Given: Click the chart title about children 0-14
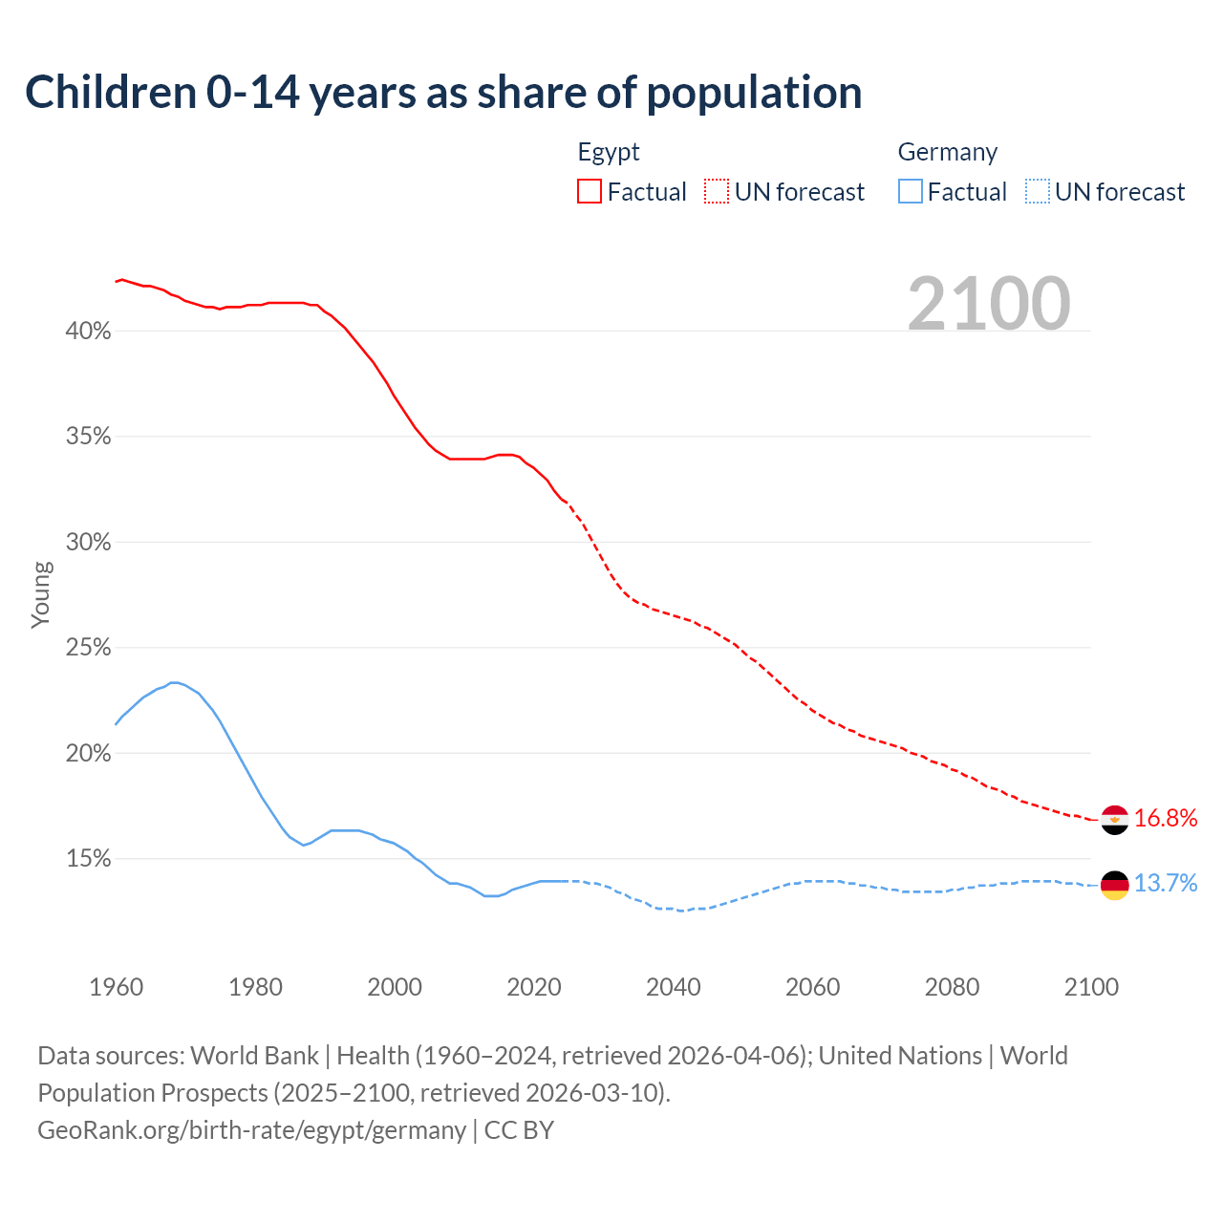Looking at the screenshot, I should coord(443,93).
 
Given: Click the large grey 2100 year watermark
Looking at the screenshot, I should coord(989,304).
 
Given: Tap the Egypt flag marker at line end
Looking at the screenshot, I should coord(1115,820).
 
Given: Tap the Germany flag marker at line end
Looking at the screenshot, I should coord(1115,886).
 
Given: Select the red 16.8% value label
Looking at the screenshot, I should coord(1165,818).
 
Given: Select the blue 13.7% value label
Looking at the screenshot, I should coord(1165,883).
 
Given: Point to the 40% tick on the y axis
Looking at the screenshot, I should coord(88,332).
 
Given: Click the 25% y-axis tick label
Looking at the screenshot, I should coord(88,648).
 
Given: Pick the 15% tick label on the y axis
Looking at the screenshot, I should coord(88,859).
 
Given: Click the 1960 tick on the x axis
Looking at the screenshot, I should coord(116,987).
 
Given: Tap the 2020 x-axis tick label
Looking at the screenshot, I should coord(534,987).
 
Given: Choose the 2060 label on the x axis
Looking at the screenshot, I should coord(812,987).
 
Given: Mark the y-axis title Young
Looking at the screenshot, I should coord(40,594).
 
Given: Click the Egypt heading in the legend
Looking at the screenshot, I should coord(609,152).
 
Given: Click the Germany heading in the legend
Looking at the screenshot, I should coord(947,152).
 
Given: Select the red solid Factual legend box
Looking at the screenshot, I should coord(590,192).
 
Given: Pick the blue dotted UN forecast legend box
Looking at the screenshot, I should coord(1038,192).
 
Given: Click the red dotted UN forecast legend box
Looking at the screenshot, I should coord(717,192).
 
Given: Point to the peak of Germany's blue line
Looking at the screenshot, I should coord(174,682).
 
